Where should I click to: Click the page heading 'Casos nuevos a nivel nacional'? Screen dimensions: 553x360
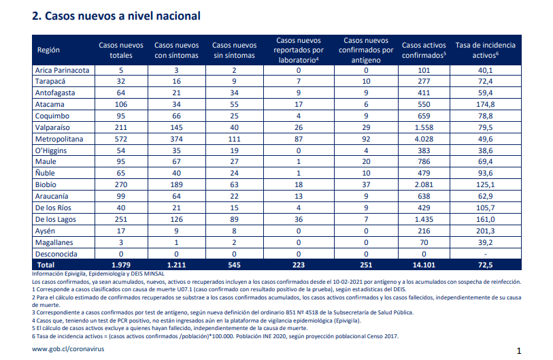(122, 16)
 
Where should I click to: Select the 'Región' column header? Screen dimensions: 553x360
(48, 50)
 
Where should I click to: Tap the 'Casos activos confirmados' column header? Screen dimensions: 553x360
(424, 50)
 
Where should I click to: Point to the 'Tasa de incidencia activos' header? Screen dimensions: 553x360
(485, 50)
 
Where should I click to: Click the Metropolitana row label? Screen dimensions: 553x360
(59, 139)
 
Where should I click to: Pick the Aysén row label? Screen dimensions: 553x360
(45, 231)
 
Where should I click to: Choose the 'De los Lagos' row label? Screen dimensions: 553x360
(55, 219)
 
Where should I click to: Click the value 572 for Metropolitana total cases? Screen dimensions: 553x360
(121, 139)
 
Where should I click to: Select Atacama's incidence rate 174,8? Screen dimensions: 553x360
(485, 105)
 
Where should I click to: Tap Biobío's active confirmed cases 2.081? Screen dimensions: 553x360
(424, 184)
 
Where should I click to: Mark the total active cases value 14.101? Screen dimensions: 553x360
(424, 265)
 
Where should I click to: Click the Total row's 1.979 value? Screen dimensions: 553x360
(121, 265)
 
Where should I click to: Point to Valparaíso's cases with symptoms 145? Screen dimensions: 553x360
(176, 127)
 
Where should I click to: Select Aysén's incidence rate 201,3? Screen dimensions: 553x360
(485, 231)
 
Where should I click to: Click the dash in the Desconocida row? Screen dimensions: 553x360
(485, 254)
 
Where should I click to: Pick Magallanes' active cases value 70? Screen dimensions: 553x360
(424, 242)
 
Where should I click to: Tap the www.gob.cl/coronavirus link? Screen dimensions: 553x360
(68, 349)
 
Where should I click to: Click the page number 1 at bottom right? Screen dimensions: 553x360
(519, 351)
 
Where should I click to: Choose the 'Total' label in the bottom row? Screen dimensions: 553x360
(46, 265)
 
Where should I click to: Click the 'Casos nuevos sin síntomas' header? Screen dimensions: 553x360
(234, 50)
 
